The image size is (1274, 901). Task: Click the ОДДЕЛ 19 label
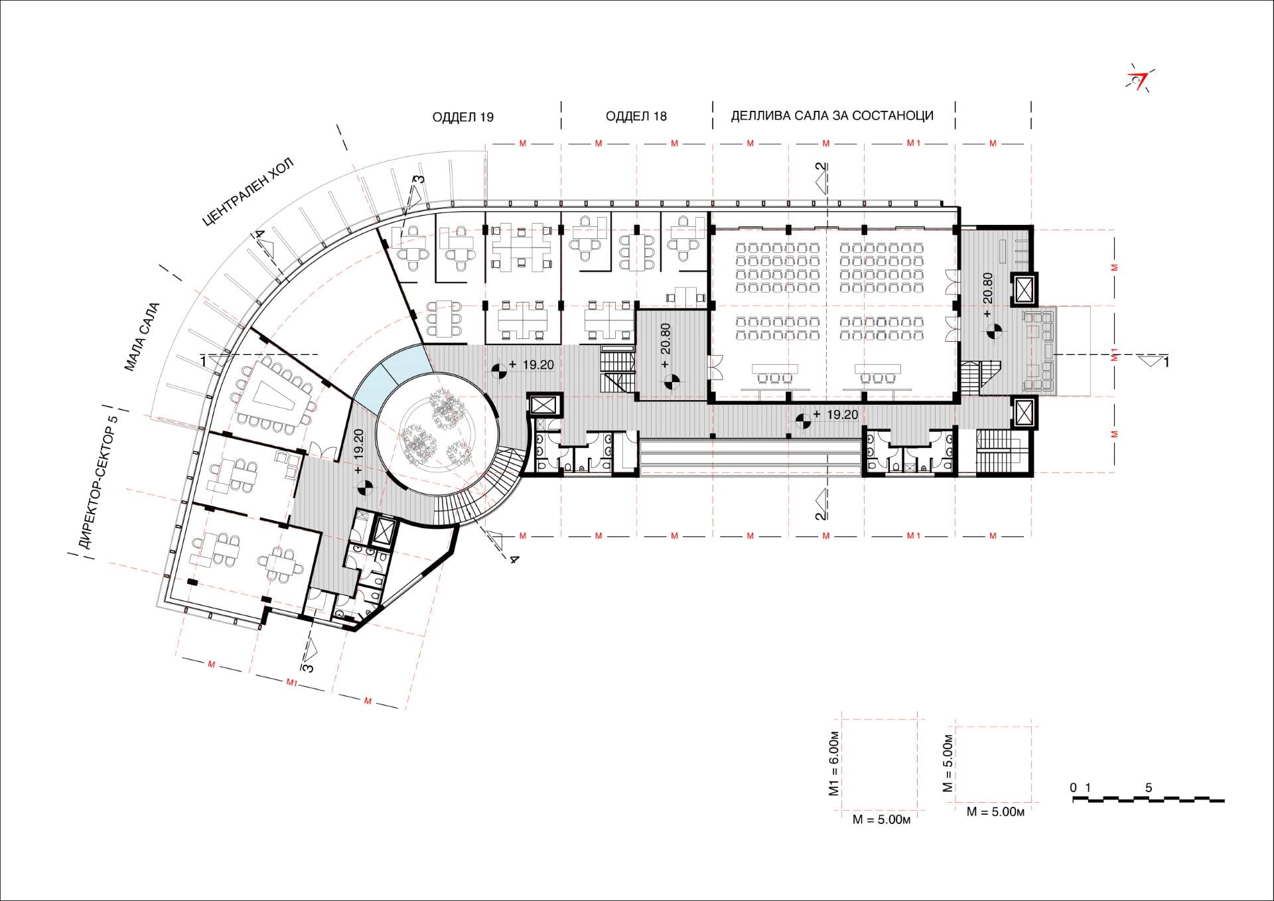tap(463, 117)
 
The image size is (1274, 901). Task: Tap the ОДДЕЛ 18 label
tap(636, 117)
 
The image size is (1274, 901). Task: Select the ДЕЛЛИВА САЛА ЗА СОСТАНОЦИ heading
tap(832, 116)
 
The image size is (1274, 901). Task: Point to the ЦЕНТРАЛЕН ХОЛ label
tap(248, 193)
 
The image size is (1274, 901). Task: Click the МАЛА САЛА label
tap(141, 337)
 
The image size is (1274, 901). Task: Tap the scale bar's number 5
tap(1149, 788)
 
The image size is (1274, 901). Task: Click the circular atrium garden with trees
tap(437, 434)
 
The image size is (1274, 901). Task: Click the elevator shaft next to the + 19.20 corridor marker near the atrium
tap(544, 404)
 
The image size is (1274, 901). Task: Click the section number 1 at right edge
tap(1166, 362)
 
